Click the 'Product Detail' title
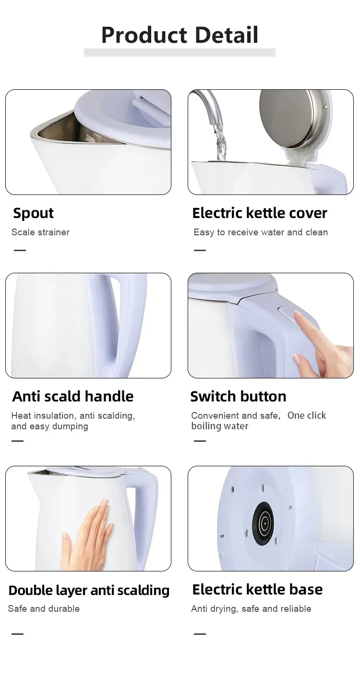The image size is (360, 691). [x=180, y=35]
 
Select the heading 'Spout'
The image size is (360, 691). [x=33, y=213]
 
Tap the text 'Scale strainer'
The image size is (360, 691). [x=40, y=232]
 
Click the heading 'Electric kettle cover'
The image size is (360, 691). [x=260, y=213]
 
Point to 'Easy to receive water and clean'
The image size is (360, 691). [x=261, y=232]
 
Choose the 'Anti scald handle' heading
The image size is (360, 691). [x=73, y=396]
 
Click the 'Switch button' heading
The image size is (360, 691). [x=238, y=396]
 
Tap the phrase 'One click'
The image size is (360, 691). [x=307, y=415]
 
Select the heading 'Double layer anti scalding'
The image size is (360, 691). [x=89, y=590]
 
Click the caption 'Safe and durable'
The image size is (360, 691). [x=44, y=609]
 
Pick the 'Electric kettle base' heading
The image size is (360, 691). [x=257, y=589]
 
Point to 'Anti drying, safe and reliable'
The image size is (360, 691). [x=251, y=609]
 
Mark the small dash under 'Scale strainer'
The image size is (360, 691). [x=20, y=250]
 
